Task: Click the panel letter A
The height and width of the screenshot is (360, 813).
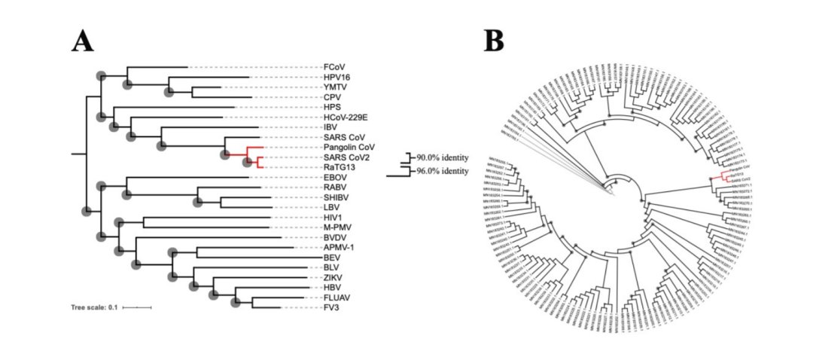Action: pos(83,41)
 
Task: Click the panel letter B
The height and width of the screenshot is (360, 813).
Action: pos(494,41)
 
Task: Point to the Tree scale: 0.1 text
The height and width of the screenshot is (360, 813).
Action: pos(94,307)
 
